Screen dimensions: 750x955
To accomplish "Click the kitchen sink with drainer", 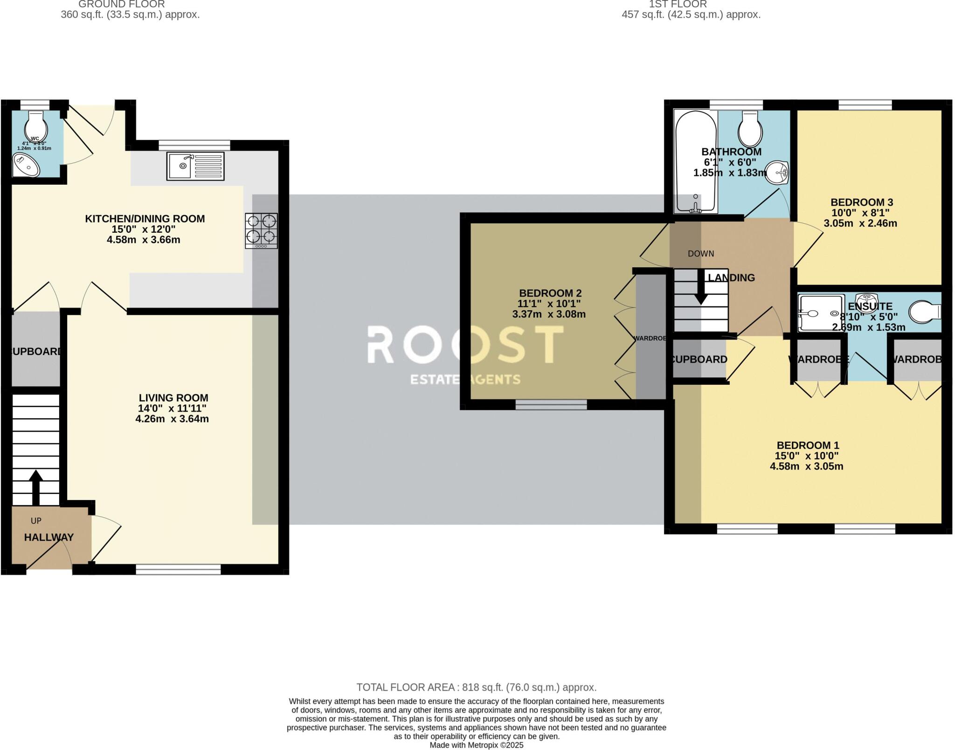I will [195, 166].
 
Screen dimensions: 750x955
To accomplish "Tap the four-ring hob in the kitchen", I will [261, 230].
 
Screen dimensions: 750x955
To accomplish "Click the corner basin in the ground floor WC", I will [26, 166].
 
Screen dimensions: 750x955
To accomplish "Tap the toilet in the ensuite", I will [925, 312].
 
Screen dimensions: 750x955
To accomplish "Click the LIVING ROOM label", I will [173, 398].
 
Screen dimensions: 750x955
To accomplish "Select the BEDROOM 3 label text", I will [861, 202].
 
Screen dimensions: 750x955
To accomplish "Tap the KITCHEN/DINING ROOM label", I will [145, 219].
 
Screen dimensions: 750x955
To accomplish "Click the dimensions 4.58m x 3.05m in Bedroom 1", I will [806, 466].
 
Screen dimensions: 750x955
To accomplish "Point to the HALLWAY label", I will [49, 537].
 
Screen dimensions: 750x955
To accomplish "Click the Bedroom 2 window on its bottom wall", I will [551, 405].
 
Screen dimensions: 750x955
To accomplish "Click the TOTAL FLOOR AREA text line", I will [476, 687].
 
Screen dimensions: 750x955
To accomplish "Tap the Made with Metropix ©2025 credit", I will [476, 745].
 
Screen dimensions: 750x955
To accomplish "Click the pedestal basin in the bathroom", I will [777, 173].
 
